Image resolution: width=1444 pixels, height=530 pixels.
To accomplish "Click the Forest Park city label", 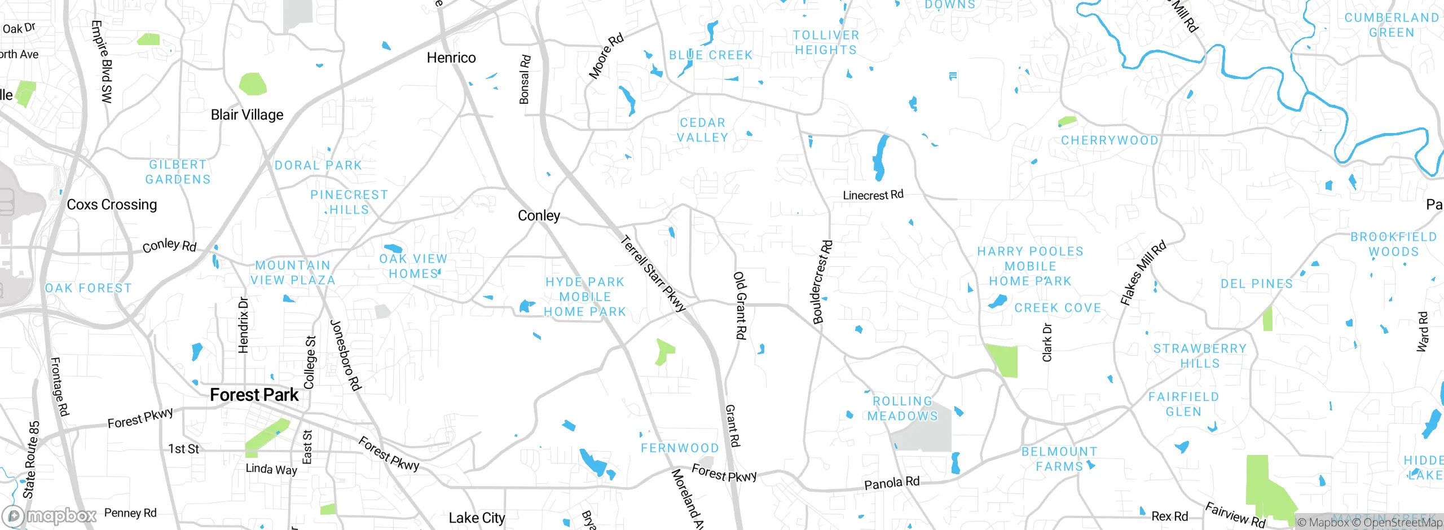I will click(x=254, y=395).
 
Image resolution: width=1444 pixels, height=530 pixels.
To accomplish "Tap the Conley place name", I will click(x=539, y=215).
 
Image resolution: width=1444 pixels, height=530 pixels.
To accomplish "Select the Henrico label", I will click(x=451, y=58).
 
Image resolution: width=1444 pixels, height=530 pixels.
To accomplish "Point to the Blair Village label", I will click(x=247, y=115).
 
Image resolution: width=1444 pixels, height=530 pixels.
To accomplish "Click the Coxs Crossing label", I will click(x=112, y=205).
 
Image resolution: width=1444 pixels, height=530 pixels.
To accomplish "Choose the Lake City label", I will click(x=477, y=518).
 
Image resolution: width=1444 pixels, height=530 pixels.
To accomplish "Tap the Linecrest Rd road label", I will click(x=873, y=195).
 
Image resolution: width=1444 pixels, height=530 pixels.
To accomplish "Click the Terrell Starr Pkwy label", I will click(x=653, y=274).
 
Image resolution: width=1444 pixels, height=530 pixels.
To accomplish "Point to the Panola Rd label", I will click(x=892, y=483).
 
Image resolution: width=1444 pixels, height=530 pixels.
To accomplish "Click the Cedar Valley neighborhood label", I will click(x=702, y=130).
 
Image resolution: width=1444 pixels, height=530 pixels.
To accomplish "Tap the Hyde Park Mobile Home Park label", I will click(x=585, y=297).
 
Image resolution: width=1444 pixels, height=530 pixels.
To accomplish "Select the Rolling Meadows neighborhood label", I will click(x=902, y=409).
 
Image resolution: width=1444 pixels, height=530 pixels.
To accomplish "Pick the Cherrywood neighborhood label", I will click(x=1110, y=140).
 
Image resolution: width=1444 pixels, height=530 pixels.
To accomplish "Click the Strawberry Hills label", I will click(x=1200, y=356).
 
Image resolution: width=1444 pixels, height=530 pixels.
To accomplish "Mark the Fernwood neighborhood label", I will click(x=680, y=448).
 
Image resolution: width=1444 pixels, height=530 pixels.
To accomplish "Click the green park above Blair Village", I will click(x=252, y=84).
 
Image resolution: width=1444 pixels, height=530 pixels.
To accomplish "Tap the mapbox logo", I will click(x=50, y=515).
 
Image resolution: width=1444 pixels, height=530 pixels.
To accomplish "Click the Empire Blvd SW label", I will click(x=102, y=62).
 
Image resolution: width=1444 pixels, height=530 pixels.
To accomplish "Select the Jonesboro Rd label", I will click(x=345, y=355).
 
